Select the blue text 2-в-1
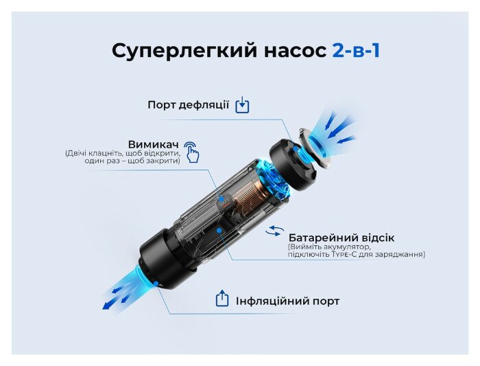pos(356,51)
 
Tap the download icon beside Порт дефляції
pos(242,105)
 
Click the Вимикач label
pos(153,144)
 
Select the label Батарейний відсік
pos(341,238)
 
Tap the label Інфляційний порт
pos(287,301)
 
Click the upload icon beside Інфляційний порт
pos(221,299)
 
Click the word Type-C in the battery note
pos(347,255)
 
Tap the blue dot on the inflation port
pos(156,281)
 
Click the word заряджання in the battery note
pos(401,255)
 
